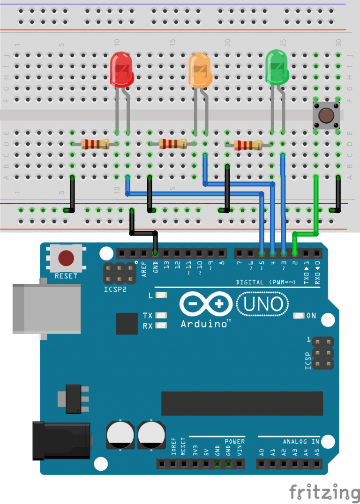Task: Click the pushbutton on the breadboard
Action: coord(326,115)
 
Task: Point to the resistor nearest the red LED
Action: coord(95,144)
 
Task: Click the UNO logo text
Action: coord(263,304)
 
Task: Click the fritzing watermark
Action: coord(323,492)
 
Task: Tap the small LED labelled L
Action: coord(161,296)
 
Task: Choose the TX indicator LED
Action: coord(161,316)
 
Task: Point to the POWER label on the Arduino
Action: coord(234,441)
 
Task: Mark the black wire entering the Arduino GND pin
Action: coord(155,241)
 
